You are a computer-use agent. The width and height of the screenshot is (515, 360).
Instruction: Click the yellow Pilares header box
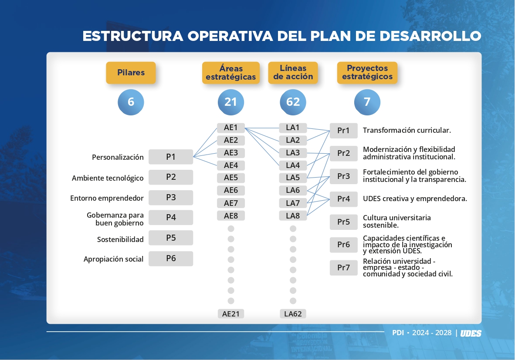(x=131, y=73)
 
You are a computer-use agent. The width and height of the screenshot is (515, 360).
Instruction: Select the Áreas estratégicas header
(x=231, y=73)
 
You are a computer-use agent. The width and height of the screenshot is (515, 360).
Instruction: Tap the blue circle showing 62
(x=293, y=102)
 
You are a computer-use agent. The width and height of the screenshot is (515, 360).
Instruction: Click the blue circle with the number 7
(x=367, y=102)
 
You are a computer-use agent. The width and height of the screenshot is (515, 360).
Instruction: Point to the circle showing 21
(x=231, y=102)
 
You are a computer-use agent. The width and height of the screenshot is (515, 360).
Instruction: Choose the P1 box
(x=171, y=157)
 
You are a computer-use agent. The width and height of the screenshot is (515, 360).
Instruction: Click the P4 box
(x=171, y=217)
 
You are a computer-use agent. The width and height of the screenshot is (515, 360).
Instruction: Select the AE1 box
(x=231, y=128)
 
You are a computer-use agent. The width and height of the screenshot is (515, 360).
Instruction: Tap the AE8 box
(x=231, y=215)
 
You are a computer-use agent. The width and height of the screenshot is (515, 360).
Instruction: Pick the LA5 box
(x=293, y=178)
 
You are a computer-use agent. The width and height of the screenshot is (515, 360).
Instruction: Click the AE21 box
(x=231, y=314)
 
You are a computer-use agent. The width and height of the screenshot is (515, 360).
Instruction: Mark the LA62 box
(x=293, y=314)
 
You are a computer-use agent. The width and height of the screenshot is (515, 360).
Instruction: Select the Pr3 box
(x=344, y=176)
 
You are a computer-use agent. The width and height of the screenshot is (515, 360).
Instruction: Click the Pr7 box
(x=344, y=267)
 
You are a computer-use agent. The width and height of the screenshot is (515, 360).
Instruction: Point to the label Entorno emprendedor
(x=107, y=198)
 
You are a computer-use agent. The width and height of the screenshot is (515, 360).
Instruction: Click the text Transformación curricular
(x=407, y=130)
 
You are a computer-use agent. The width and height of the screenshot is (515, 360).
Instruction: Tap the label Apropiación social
(x=113, y=259)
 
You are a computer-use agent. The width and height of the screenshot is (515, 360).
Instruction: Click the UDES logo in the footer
(x=471, y=333)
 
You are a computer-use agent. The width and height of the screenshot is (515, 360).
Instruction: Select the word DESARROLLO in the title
(x=430, y=36)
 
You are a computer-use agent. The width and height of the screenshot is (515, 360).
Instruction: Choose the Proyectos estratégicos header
(x=367, y=73)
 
